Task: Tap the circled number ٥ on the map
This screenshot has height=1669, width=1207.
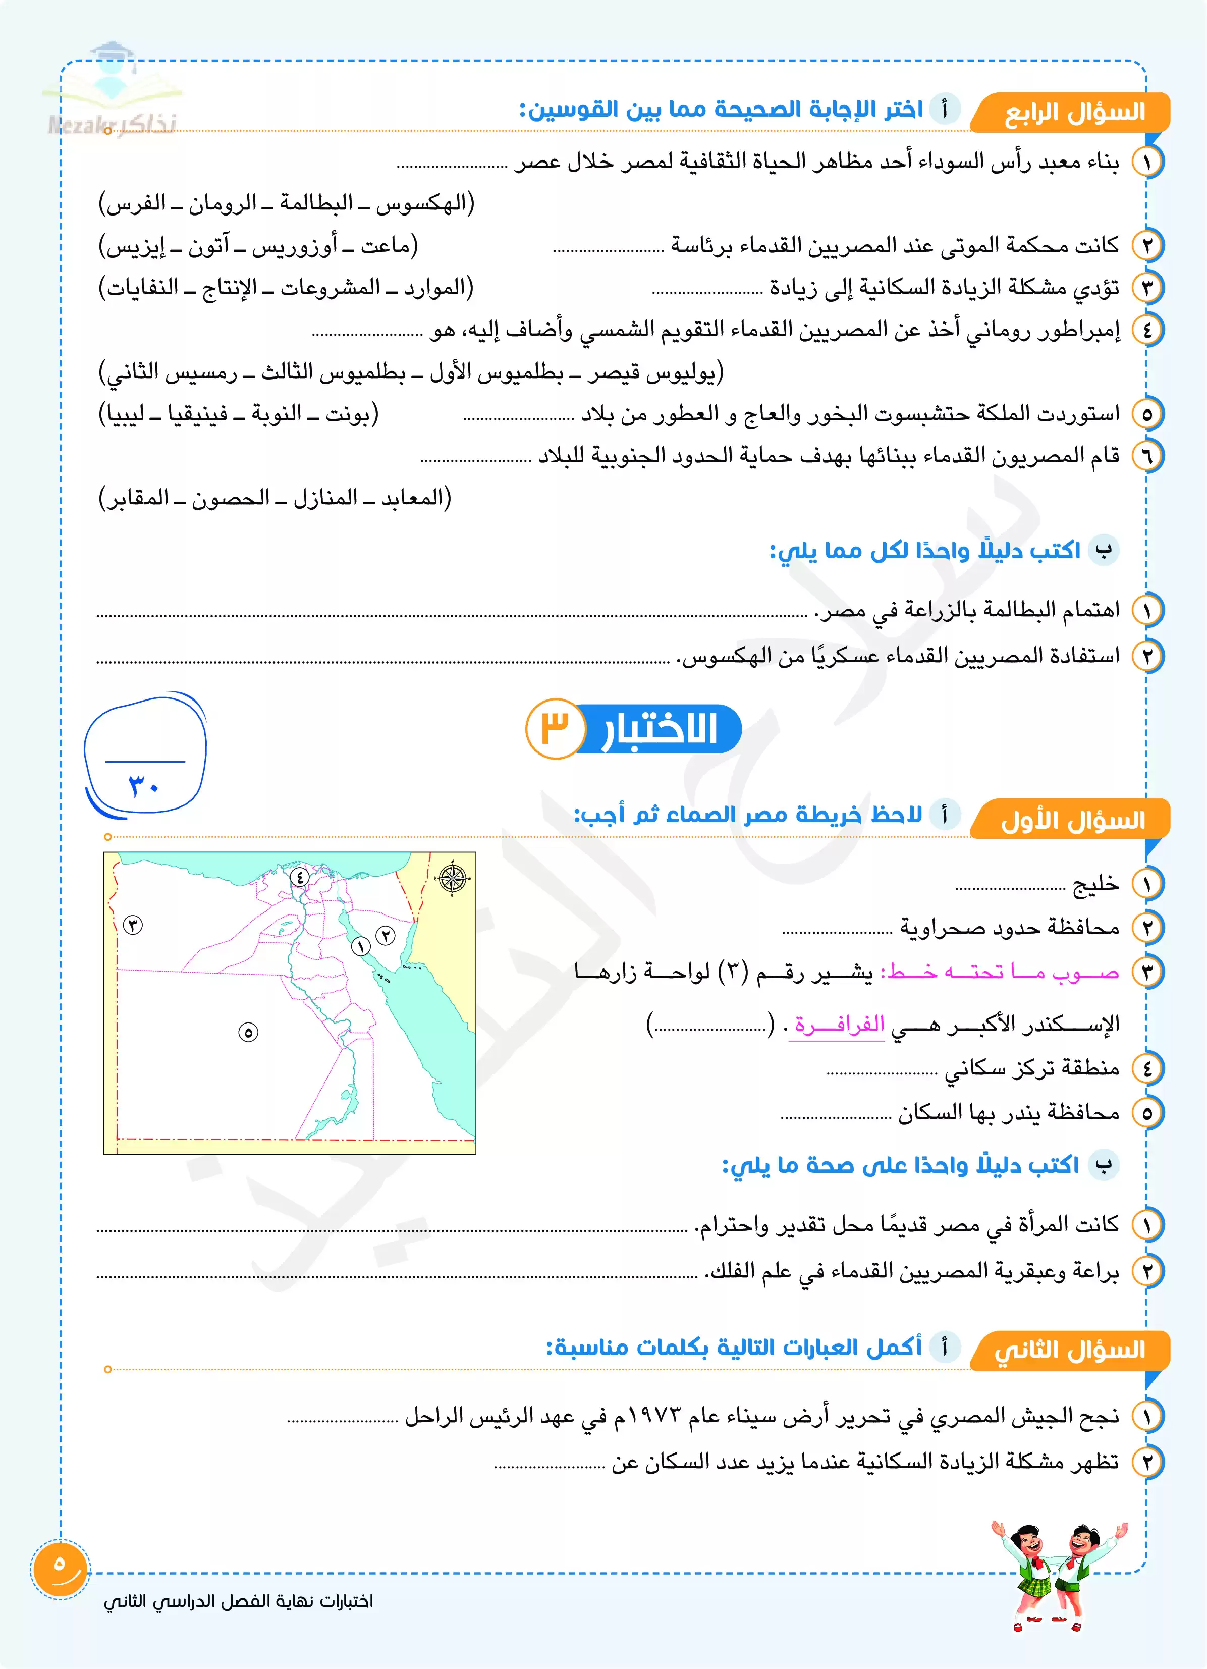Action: pos(248,1033)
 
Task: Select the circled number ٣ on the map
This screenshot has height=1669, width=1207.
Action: pos(133,925)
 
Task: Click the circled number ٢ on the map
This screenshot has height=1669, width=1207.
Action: pos(386,935)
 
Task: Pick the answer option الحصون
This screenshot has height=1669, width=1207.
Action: pos(231,498)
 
